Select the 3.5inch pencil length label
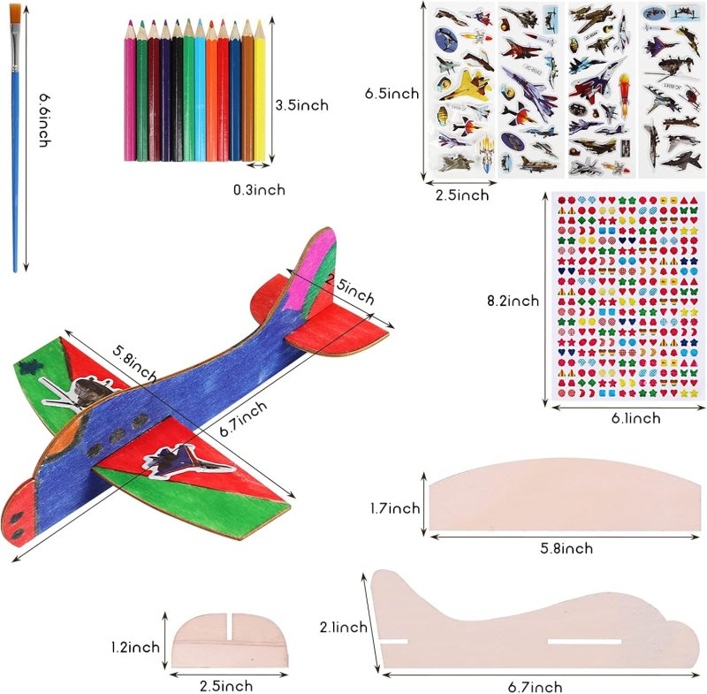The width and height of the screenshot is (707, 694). coord(301,104)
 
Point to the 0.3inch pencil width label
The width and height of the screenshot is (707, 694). coord(259,189)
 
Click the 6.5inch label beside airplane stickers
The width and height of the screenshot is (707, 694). coord(392,93)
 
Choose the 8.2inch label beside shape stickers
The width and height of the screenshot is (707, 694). coord(513,301)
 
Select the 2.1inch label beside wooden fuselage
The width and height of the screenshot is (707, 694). coord(343,627)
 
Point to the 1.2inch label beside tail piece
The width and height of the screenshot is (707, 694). coord(135,647)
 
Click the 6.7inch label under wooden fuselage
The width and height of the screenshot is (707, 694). coord(535,687)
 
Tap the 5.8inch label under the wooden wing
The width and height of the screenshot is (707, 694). coord(566,548)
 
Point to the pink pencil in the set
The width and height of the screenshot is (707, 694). coord(130,88)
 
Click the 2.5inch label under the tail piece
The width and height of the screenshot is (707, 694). coord(225,685)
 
